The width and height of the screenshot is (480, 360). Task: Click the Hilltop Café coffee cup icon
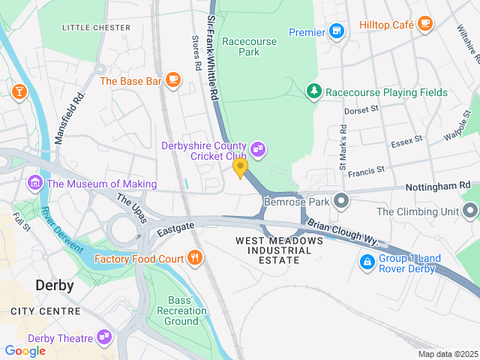[x=425, y=25]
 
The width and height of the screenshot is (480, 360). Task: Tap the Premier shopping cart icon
[x=337, y=32]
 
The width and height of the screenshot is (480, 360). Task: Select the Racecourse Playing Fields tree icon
[x=314, y=92]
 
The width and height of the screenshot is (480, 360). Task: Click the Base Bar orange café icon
[x=173, y=80]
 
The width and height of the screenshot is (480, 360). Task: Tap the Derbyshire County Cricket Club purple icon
[x=258, y=149]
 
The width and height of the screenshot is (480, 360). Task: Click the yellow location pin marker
[x=240, y=167]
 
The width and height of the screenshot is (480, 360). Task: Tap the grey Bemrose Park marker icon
[x=342, y=201]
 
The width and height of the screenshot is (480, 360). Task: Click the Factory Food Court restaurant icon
[x=195, y=259]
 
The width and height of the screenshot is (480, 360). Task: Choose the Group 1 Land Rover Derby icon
[x=367, y=262]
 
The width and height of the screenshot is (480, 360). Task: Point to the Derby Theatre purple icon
[x=103, y=338]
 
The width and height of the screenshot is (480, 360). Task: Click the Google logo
[x=25, y=350]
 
